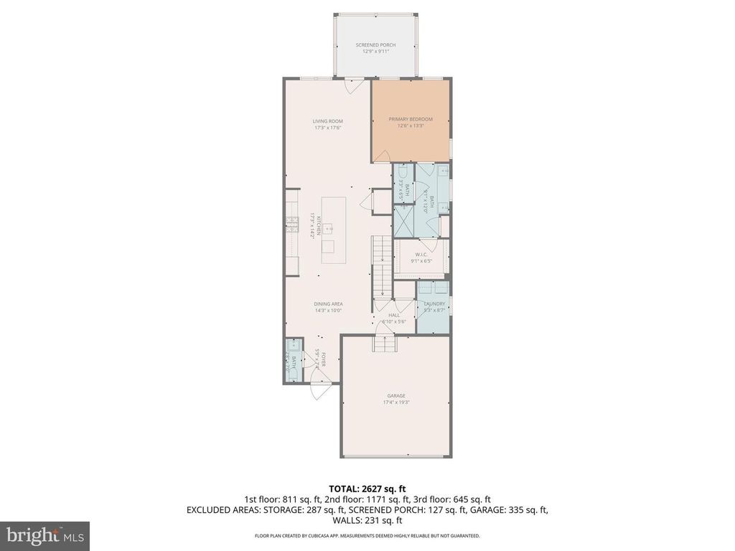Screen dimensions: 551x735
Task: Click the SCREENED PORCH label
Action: point(375,44)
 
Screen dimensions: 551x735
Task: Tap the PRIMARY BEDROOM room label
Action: point(411,118)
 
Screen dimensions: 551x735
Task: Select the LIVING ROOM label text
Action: point(326,121)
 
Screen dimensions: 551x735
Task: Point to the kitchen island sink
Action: point(328,229)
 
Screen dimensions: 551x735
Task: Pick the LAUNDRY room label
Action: point(434,303)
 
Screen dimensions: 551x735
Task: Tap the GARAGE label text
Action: point(396,395)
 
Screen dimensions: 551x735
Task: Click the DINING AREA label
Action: point(327,303)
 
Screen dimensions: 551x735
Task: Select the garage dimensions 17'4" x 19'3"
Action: point(396,402)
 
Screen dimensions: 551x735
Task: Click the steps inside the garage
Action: point(384,344)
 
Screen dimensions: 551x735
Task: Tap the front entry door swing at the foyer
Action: point(319,390)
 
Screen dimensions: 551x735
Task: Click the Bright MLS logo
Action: point(45,535)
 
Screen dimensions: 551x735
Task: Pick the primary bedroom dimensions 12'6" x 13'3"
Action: point(411,126)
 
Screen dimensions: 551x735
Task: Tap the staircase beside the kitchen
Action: point(381,265)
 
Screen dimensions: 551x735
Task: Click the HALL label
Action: point(394,314)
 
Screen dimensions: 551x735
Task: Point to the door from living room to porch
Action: point(351,86)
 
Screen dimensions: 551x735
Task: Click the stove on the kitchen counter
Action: point(291,223)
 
